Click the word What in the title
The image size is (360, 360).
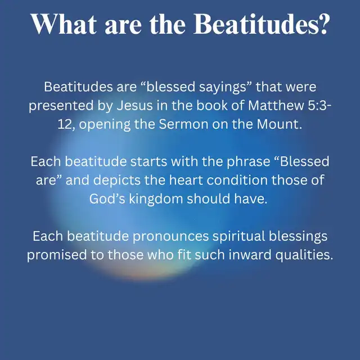pos(64,24)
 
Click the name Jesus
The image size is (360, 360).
pos(135,105)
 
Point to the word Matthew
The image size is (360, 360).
pos(276,105)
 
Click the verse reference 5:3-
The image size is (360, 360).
pos(320,105)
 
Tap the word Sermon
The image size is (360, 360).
pos(183,124)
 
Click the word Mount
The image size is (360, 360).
pos(279,124)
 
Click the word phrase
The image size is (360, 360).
pos(249,162)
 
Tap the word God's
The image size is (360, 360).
pos(107,199)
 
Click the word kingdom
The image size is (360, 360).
pos(156,199)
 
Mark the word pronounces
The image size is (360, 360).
pos(170,237)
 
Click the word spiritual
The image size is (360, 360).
pos(238,237)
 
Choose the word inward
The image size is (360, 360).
pos(250,255)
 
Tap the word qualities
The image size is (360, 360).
pos(304,255)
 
